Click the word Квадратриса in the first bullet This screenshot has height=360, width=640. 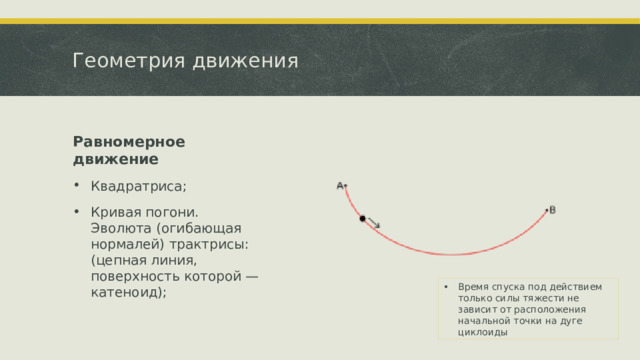[137, 186]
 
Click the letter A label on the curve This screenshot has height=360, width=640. [340, 185]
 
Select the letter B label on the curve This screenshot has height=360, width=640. [553, 209]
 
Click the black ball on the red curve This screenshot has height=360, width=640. [362, 218]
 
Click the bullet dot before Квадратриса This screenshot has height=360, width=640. [77, 186]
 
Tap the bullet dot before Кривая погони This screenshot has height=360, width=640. [77, 212]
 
